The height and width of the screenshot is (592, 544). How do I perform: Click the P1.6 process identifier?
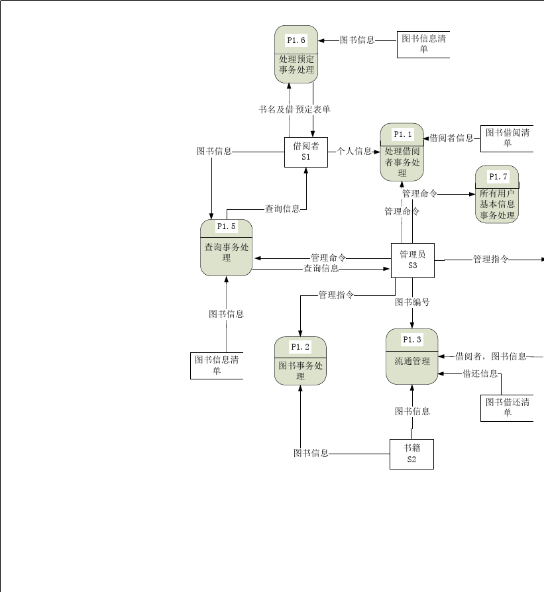[x=296, y=40]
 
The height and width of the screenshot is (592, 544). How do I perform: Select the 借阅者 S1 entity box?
[x=306, y=152]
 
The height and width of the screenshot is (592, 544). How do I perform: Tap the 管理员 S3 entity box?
[x=412, y=260]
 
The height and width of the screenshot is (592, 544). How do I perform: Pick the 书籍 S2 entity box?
[x=411, y=454]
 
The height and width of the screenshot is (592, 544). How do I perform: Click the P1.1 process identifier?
[x=403, y=134]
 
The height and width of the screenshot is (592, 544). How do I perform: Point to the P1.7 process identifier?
[x=498, y=177]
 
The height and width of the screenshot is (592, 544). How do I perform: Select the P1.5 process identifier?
[x=227, y=226]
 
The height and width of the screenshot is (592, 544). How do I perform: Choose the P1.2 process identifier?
[x=300, y=346]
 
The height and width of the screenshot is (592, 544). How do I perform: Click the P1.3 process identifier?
[x=412, y=340]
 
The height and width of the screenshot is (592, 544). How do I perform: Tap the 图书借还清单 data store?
[x=507, y=407]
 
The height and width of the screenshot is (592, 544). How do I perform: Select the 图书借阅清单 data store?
[x=507, y=138]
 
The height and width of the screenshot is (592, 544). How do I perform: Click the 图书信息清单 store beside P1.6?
[x=423, y=44]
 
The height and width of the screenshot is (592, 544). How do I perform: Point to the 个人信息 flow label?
[x=354, y=151]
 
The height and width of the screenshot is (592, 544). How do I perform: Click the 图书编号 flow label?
[x=412, y=302]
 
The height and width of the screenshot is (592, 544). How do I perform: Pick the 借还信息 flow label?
[x=480, y=373]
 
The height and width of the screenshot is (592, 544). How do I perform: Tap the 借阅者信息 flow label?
[x=451, y=138]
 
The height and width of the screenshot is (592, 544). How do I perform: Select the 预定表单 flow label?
[x=313, y=109]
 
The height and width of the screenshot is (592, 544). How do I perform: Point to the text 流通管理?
[x=412, y=362]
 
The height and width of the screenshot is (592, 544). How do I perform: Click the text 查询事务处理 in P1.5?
[x=227, y=252]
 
